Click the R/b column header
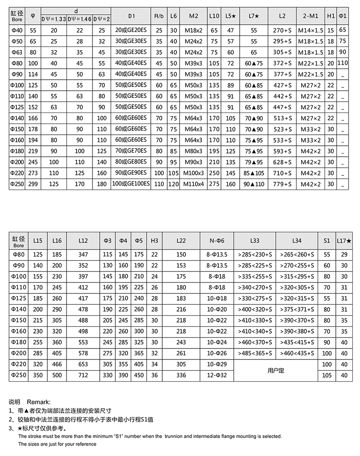coord(159,16)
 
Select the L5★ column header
coord(231,16)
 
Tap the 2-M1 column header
coord(310,16)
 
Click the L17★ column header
coord(344,241)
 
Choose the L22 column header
coord(181,241)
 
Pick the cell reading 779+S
coord(282,184)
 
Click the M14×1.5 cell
coord(310,30)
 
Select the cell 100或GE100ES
coord(132,184)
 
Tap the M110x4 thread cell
coord(194,184)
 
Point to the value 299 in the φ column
coord(33,184)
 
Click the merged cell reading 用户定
coord(276,370)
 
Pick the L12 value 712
coord(83,375)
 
